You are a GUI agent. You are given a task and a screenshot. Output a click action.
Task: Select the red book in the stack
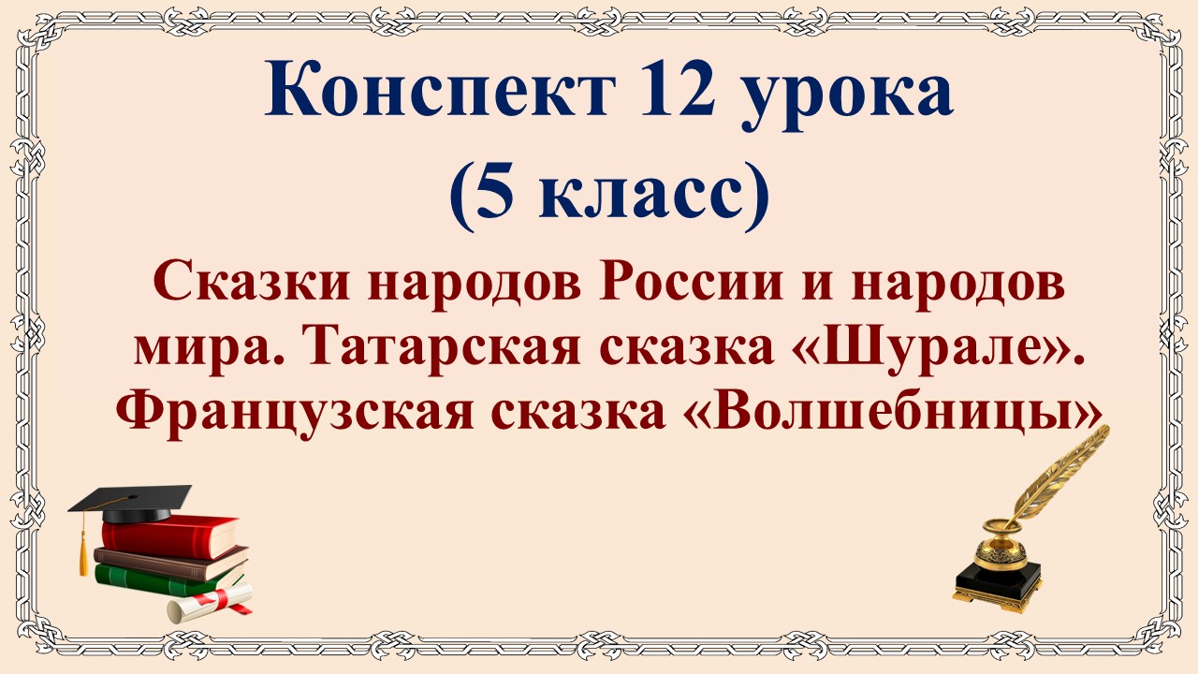coord(168,537)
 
